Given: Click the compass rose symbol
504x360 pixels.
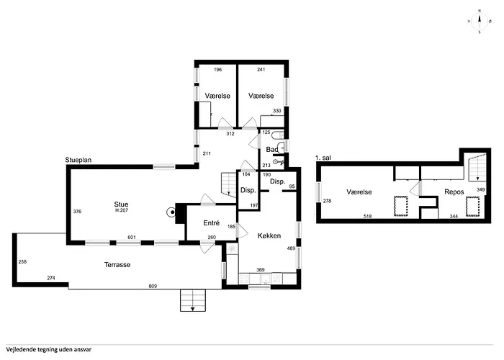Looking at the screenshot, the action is (x=480, y=22).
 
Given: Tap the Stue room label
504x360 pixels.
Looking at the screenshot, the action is (x=121, y=204).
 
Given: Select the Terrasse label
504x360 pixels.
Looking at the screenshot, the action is (x=117, y=265).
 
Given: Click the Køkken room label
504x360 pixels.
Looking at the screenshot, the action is (x=269, y=235).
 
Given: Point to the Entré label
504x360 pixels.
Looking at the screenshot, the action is (x=212, y=222).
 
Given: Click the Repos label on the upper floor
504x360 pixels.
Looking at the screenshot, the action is (x=454, y=192).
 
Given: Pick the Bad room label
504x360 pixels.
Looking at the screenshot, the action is (x=272, y=150).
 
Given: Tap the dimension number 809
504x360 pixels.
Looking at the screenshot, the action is (x=153, y=286).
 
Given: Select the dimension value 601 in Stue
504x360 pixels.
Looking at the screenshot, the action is (x=132, y=238).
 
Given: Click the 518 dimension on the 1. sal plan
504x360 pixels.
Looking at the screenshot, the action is (x=367, y=216).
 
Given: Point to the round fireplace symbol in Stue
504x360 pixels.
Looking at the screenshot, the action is (x=171, y=212).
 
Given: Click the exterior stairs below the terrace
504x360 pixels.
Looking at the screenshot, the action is (x=192, y=300).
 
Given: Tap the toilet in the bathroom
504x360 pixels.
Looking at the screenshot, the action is (x=278, y=135).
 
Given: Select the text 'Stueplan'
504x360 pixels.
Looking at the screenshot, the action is (x=78, y=160).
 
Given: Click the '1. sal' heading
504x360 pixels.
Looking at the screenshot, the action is (x=323, y=158).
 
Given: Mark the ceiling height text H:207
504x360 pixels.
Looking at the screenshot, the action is (x=122, y=210).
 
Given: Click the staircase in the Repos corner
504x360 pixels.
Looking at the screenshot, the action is (x=477, y=168).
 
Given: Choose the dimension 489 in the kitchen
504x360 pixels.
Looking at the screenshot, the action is (x=291, y=248).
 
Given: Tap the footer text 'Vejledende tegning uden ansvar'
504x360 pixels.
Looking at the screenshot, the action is (x=48, y=350).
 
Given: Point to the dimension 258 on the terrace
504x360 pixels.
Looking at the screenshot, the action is (x=22, y=261).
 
